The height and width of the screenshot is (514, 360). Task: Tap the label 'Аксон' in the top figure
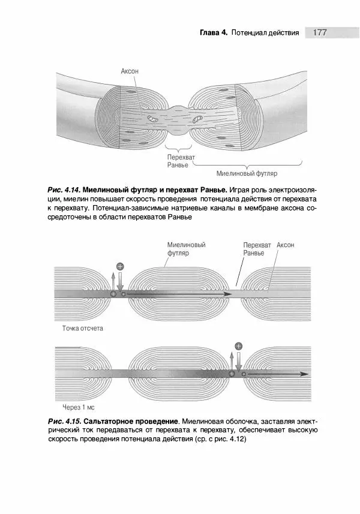(x=130, y=71)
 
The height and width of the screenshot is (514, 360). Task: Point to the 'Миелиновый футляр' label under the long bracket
(x=247, y=174)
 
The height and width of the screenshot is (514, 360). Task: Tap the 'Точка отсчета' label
(x=83, y=329)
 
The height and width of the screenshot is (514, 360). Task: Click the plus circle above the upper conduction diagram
(x=120, y=266)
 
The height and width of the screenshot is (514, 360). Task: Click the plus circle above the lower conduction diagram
(x=239, y=346)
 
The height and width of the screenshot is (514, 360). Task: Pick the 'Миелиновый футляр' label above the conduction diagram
(x=186, y=250)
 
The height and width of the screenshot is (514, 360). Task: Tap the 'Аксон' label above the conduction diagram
(x=286, y=245)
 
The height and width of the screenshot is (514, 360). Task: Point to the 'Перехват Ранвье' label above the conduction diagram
(x=257, y=250)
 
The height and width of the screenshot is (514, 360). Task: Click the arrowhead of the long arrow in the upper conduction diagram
(x=229, y=294)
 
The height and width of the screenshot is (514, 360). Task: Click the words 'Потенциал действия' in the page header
(x=265, y=32)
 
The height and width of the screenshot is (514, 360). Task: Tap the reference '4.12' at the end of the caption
(x=237, y=439)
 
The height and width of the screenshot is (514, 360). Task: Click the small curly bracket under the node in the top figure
(x=178, y=145)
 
